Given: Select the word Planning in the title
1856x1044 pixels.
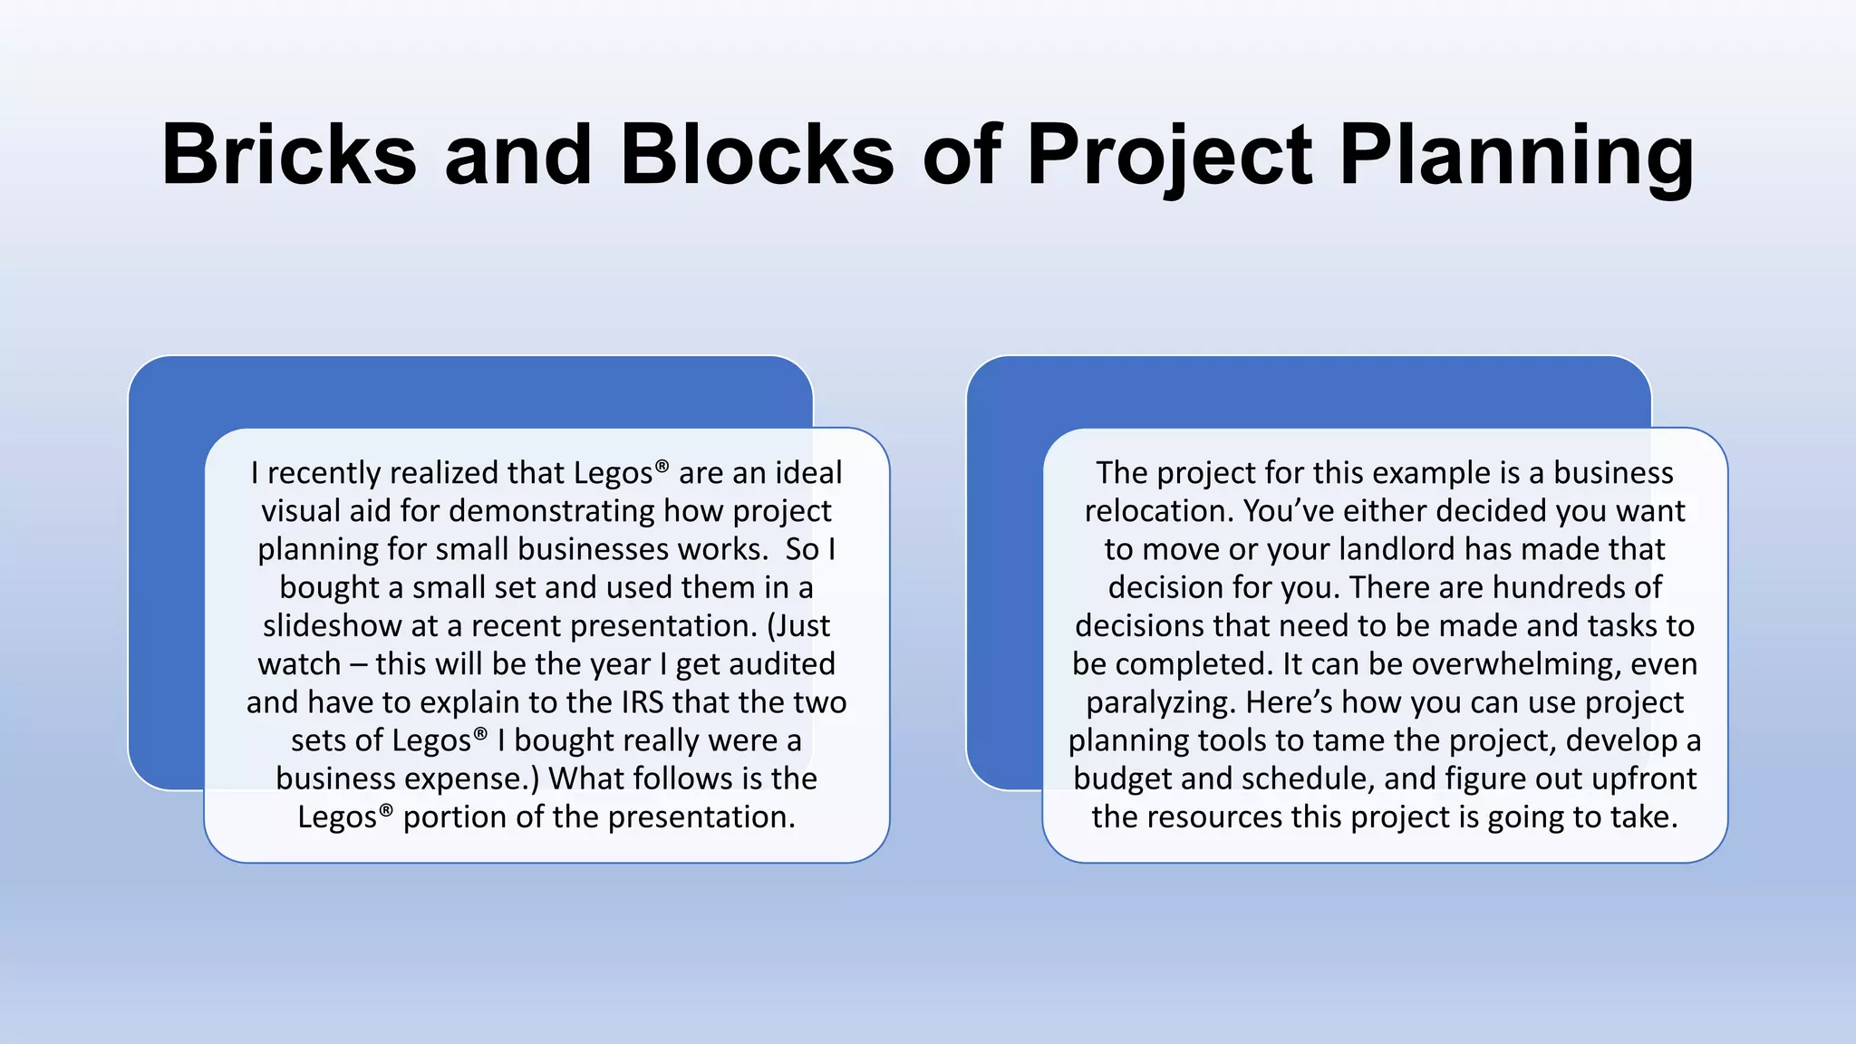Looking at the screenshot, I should [x=1516, y=156].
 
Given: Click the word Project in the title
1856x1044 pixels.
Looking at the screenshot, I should [x=1169, y=156].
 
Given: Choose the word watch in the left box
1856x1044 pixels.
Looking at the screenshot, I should [x=299, y=664].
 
